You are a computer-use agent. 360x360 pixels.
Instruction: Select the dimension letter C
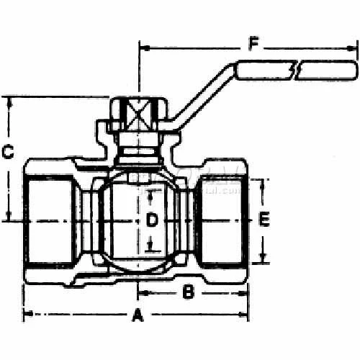(x=8, y=152)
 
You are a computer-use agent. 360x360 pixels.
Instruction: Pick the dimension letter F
(x=253, y=42)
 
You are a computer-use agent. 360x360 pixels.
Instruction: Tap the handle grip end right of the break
(x=328, y=70)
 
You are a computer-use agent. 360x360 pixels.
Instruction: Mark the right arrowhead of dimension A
(x=246, y=314)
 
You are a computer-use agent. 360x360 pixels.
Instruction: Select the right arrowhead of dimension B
(x=246, y=293)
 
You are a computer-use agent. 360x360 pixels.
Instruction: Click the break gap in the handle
(x=296, y=70)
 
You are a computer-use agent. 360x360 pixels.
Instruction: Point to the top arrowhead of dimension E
(x=264, y=181)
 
